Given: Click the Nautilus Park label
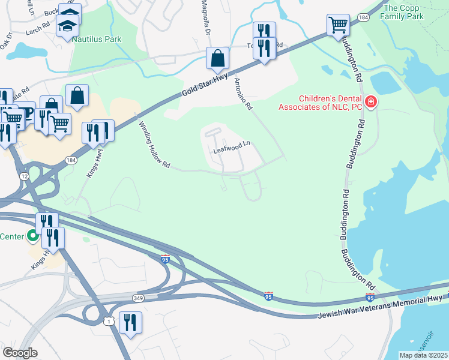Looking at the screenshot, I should [x=97, y=40].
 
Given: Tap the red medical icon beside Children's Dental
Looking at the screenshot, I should [x=371, y=103].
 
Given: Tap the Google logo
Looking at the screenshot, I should [x=20, y=353].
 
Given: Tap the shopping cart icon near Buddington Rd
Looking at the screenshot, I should [x=338, y=25].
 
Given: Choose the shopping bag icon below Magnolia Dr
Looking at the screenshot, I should [x=217, y=58].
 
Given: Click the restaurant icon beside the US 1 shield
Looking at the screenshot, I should [x=130, y=323].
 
